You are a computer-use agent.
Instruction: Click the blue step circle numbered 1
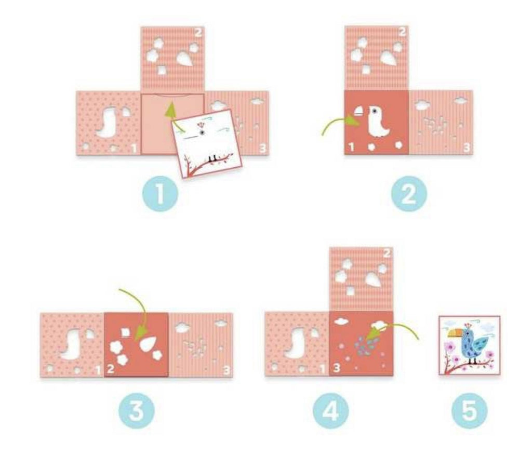[x=160, y=194]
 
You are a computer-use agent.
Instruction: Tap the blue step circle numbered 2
[x=409, y=194]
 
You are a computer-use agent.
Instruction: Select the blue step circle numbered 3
[x=137, y=411]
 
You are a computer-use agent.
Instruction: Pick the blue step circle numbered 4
[x=330, y=411]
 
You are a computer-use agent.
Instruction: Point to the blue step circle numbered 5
[x=470, y=411]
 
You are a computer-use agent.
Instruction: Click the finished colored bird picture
[x=469, y=345]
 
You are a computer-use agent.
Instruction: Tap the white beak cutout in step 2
[x=358, y=112]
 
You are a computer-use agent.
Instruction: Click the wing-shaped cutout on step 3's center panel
[x=148, y=343]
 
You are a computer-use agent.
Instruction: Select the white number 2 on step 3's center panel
[x=110, y=368]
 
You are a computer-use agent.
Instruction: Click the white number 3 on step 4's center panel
[x=337, y=368]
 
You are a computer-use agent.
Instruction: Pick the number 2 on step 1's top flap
[x=198, y=33]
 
